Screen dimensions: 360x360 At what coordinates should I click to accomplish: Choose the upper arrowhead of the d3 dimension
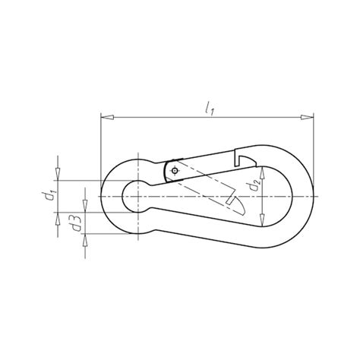(85, 206)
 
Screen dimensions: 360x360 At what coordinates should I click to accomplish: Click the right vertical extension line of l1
(314, 152)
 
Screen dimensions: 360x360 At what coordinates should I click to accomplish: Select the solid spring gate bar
(205, 162)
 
